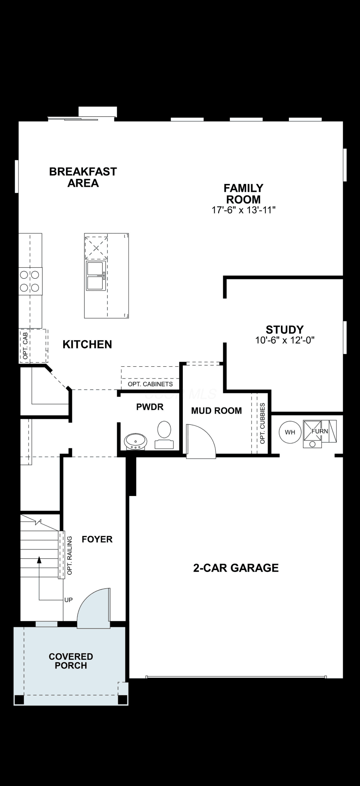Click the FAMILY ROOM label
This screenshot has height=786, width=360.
click(244, 194)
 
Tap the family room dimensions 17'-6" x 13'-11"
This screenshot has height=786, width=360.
click(244, 210)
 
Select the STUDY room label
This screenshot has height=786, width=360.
click(285, 329)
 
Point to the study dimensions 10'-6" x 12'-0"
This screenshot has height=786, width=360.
click(285, 340)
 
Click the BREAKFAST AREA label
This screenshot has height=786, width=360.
click(83, 177)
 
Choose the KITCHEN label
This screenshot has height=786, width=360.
click(87, 344)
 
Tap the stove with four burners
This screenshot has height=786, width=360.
click(30, 281)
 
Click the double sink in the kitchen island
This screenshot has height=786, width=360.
click(96, 276)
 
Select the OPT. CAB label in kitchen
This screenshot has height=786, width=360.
click(25, 346)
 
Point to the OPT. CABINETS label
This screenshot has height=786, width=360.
click(150, 384)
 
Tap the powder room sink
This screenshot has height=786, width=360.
click(136, 442)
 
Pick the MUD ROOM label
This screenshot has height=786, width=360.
click(217, 411)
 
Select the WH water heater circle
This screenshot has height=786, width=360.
click(290, 432)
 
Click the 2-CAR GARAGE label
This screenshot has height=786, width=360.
click(236, 568)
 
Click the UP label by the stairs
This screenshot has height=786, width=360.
click(68, 600)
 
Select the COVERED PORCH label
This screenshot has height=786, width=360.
click(71, 661)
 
